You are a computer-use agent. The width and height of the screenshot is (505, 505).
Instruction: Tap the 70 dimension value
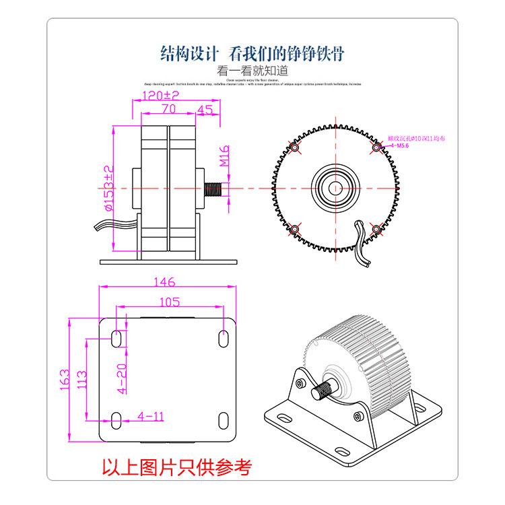click(168, 108)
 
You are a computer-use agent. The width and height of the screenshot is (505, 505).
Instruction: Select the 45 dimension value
click(205, 108)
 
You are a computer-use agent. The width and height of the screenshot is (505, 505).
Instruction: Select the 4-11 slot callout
click(150, 415)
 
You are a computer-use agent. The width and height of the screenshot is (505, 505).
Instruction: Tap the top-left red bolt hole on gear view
click(294, 147)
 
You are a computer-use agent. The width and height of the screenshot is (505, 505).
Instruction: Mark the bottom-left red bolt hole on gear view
click(294, 230)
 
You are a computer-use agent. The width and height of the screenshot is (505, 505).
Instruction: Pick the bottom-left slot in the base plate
click(116, 421)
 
